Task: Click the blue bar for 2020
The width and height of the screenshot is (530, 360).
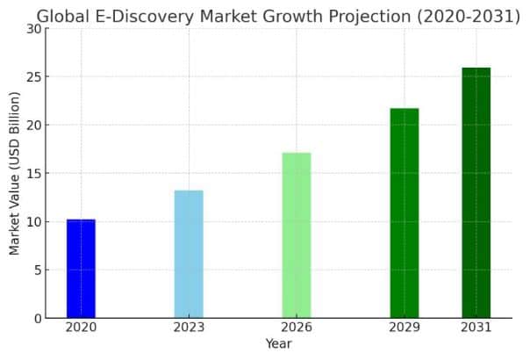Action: point(81,268)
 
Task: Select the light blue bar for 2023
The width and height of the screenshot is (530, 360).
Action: point(189,254)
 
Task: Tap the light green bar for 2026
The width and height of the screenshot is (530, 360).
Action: point(297,235)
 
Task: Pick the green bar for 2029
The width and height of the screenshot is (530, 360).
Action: point(405,212)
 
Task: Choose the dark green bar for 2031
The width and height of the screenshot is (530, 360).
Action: point(476,192)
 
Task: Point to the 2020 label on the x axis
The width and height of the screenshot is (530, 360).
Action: point(81,328)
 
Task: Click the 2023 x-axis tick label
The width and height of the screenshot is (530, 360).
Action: point(189,328)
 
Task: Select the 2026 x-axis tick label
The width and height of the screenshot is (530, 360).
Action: point(297,328)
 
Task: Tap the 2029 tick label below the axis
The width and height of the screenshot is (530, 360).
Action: point(405,328)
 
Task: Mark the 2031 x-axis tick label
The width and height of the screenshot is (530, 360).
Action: point(476,328)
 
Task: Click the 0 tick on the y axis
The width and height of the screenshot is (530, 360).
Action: point(37,318)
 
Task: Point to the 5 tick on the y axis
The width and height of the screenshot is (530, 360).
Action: point(37,270)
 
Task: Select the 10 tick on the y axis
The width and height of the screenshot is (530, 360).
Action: point(33,221)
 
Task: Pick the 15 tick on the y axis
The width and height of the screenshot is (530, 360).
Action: point(33,173)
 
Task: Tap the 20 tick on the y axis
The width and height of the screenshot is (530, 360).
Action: point(33,125)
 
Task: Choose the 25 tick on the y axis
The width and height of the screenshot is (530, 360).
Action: point(33,76)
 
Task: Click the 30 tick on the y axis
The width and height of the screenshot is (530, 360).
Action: point(33,28)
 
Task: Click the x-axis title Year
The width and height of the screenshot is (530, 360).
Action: point(278,344)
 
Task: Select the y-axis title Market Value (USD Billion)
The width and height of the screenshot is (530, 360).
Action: point(14,173)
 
